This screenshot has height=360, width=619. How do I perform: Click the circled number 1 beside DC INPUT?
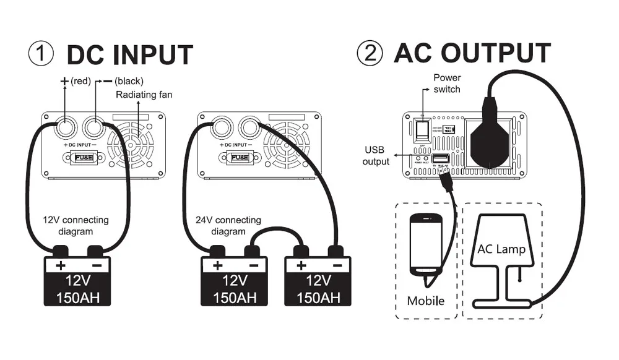[41, 54]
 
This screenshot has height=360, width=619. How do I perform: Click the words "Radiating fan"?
[144, 95]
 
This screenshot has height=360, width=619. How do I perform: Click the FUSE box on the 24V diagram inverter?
[240, 157]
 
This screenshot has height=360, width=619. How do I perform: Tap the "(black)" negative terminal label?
[129, 81]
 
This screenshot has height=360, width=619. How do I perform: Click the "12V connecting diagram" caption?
[76, 226]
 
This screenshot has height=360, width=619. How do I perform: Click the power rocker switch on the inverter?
[423, 129]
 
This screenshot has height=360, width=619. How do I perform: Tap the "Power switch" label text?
[446, 84]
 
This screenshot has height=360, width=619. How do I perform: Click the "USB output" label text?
[376, 156]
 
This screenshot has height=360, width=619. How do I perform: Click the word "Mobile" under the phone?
[426, 301]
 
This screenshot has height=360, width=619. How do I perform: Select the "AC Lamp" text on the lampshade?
[501, 249]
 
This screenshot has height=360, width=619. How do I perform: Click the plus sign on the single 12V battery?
[61, 266]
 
